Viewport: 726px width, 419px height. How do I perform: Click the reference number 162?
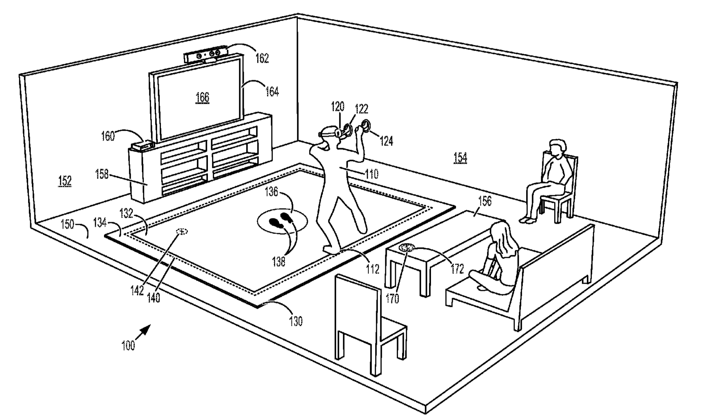coord(262,58)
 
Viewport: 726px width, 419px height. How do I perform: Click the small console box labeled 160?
coord(142,145)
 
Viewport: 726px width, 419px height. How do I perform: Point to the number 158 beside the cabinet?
coord(102,174)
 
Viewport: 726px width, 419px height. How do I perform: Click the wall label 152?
coord(65,181)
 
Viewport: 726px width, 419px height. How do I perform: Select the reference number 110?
coord(372,174)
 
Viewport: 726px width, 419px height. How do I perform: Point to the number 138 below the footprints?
coord(279,262)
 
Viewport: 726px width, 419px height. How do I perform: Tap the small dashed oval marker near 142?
coord(182,231)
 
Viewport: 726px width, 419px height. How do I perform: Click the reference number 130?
coord(296,321)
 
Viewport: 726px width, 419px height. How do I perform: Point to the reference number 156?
coord(485,201)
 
